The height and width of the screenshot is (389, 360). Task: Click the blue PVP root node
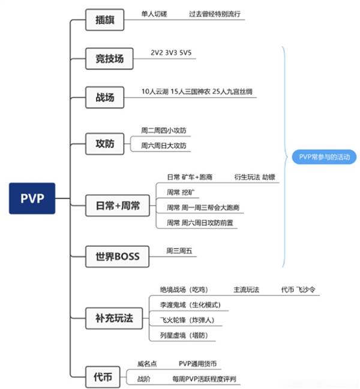point(32,198)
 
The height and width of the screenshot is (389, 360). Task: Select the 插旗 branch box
point(104,20)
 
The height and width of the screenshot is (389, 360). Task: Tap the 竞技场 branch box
point(109,58)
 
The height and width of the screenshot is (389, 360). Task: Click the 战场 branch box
point(104,97)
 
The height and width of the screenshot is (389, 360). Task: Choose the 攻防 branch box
point(104,144)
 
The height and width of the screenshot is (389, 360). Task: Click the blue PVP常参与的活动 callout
point(323,157)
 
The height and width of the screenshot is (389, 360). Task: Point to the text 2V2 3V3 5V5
point(172,53)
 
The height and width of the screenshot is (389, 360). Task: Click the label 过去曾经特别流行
point(214,13)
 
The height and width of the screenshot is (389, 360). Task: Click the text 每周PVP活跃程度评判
point(203,379)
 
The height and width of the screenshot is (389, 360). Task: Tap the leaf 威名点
point(147,363)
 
